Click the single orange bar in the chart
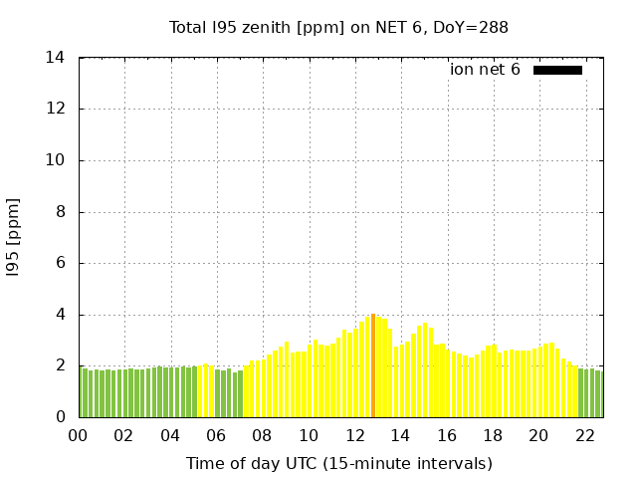[x=373, y=366]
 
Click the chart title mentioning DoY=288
[x=338, y=28]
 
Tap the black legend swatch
[x=557, y=70]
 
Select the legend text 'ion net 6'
[x=485, y=70]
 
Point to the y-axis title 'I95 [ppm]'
[x=14, y=238]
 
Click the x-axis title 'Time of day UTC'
[x=338, y=463]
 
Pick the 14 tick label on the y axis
[x=56, y=58]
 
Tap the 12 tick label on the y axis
[x=56, y=110]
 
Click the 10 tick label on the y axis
[x=56, y=160]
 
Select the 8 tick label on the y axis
[x=60, y=212]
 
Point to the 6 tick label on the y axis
[x=60, y=264]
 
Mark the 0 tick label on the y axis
[x=60, y=417]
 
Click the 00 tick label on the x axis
[x=79, y=435]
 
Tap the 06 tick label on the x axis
[x=217, y=435]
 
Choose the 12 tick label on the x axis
[x=355, y=435]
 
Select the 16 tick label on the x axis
[x=447, y=435]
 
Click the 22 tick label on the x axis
[x=585, y=435]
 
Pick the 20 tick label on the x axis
[x=539, y=435]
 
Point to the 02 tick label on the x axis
[x=124, y=435]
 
